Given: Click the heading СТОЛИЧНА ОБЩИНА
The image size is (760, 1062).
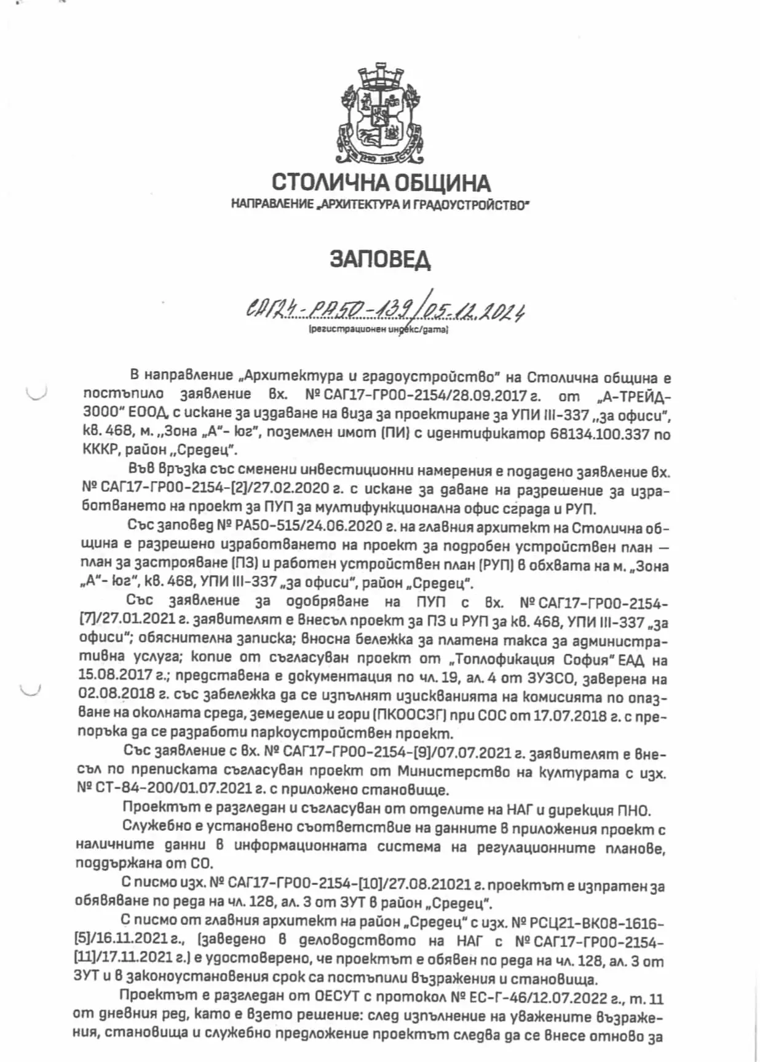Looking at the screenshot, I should tap(381, 183).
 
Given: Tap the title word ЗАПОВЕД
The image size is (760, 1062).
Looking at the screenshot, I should tap(380, 259).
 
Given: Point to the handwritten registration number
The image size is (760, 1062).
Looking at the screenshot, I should tap(385, 312).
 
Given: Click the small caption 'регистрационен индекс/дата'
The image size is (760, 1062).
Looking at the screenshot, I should tap(379, 330).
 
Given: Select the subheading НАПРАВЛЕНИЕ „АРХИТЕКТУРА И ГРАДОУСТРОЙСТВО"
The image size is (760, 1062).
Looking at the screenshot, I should tap(380, 204).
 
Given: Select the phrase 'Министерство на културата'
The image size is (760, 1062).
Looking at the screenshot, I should tap(507, 772).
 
